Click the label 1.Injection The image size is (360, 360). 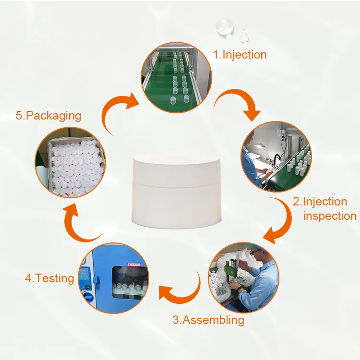tap(240, 55)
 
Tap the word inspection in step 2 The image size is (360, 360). tap(330, 216)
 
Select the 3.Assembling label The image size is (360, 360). tap(208, 320)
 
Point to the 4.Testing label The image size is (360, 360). tap(49, 278)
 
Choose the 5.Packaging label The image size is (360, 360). tap(48, 116)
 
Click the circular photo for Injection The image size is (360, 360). tap(176, 77)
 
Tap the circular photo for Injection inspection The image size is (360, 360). tap(276, 156)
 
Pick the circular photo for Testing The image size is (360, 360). tap(114, 278)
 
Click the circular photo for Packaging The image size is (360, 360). tap(71, 162)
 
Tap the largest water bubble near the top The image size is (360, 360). tap(224, 27)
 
